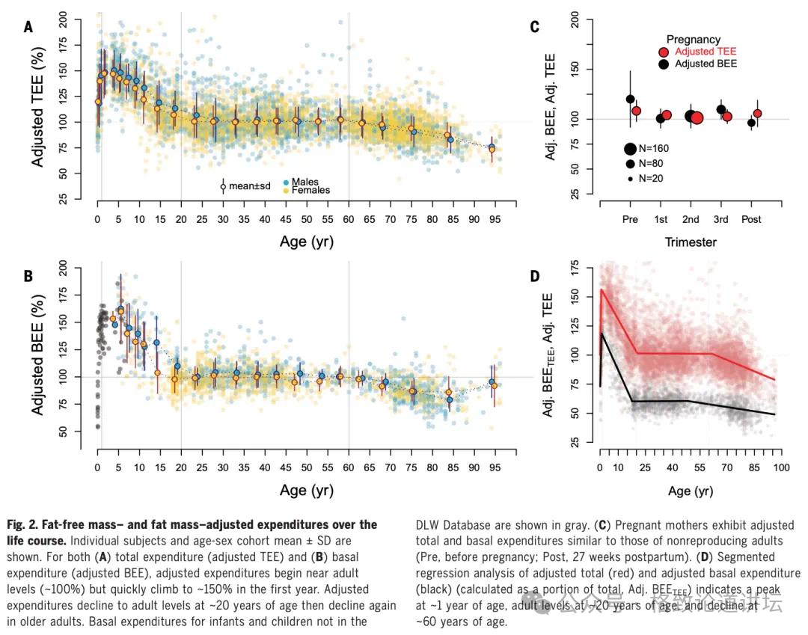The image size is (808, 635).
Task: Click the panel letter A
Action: click(28, 28)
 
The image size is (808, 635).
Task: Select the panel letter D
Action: click(535, 276)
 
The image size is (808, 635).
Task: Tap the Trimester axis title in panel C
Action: click(691, 242)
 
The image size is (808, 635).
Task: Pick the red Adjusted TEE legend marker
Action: click(664, 52)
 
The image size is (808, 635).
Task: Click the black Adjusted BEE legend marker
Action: click(664, 64)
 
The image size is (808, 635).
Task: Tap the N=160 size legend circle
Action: click(630, 149)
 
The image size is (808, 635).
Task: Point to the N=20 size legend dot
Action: click(630, 178)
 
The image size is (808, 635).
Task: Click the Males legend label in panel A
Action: click(304, 182)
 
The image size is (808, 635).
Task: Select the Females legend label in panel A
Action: click(310, 190)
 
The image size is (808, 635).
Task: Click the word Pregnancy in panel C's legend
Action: click(694, 39)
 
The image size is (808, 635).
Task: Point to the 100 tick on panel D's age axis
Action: click(780, 469)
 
